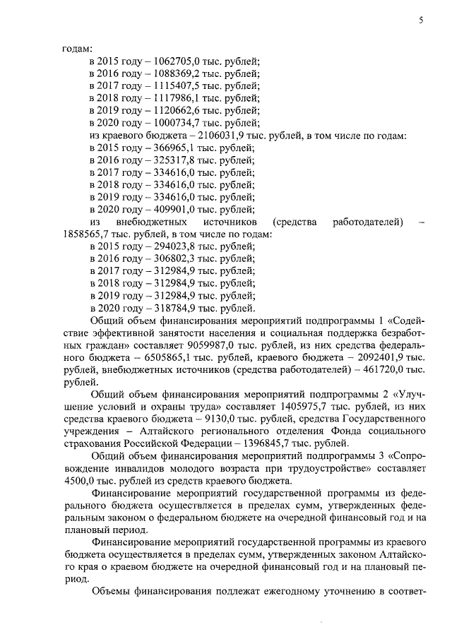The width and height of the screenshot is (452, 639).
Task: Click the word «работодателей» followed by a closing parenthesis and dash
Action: tap(367, 224)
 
